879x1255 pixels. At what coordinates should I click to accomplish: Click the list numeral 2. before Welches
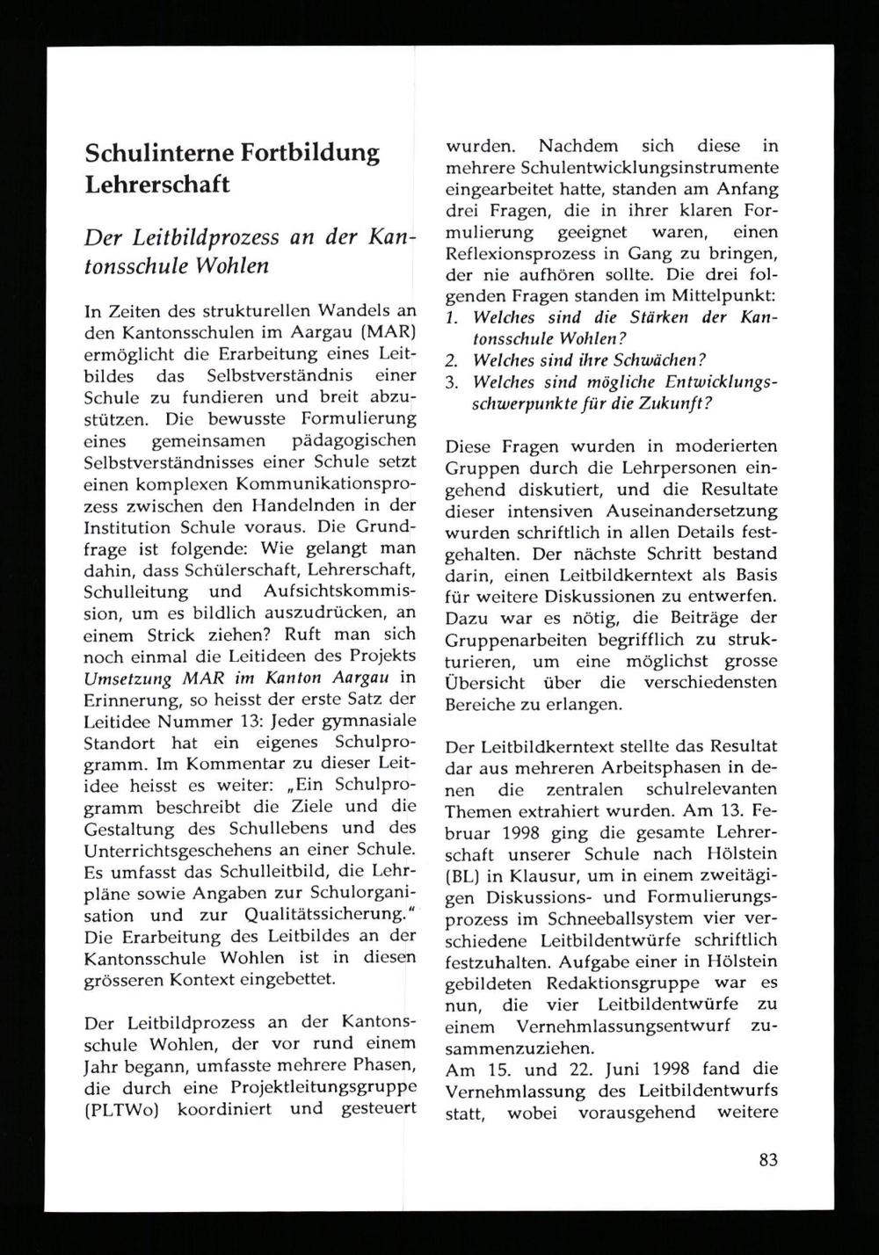point(453,360)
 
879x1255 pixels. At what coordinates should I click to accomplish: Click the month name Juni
point(630,1069)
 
